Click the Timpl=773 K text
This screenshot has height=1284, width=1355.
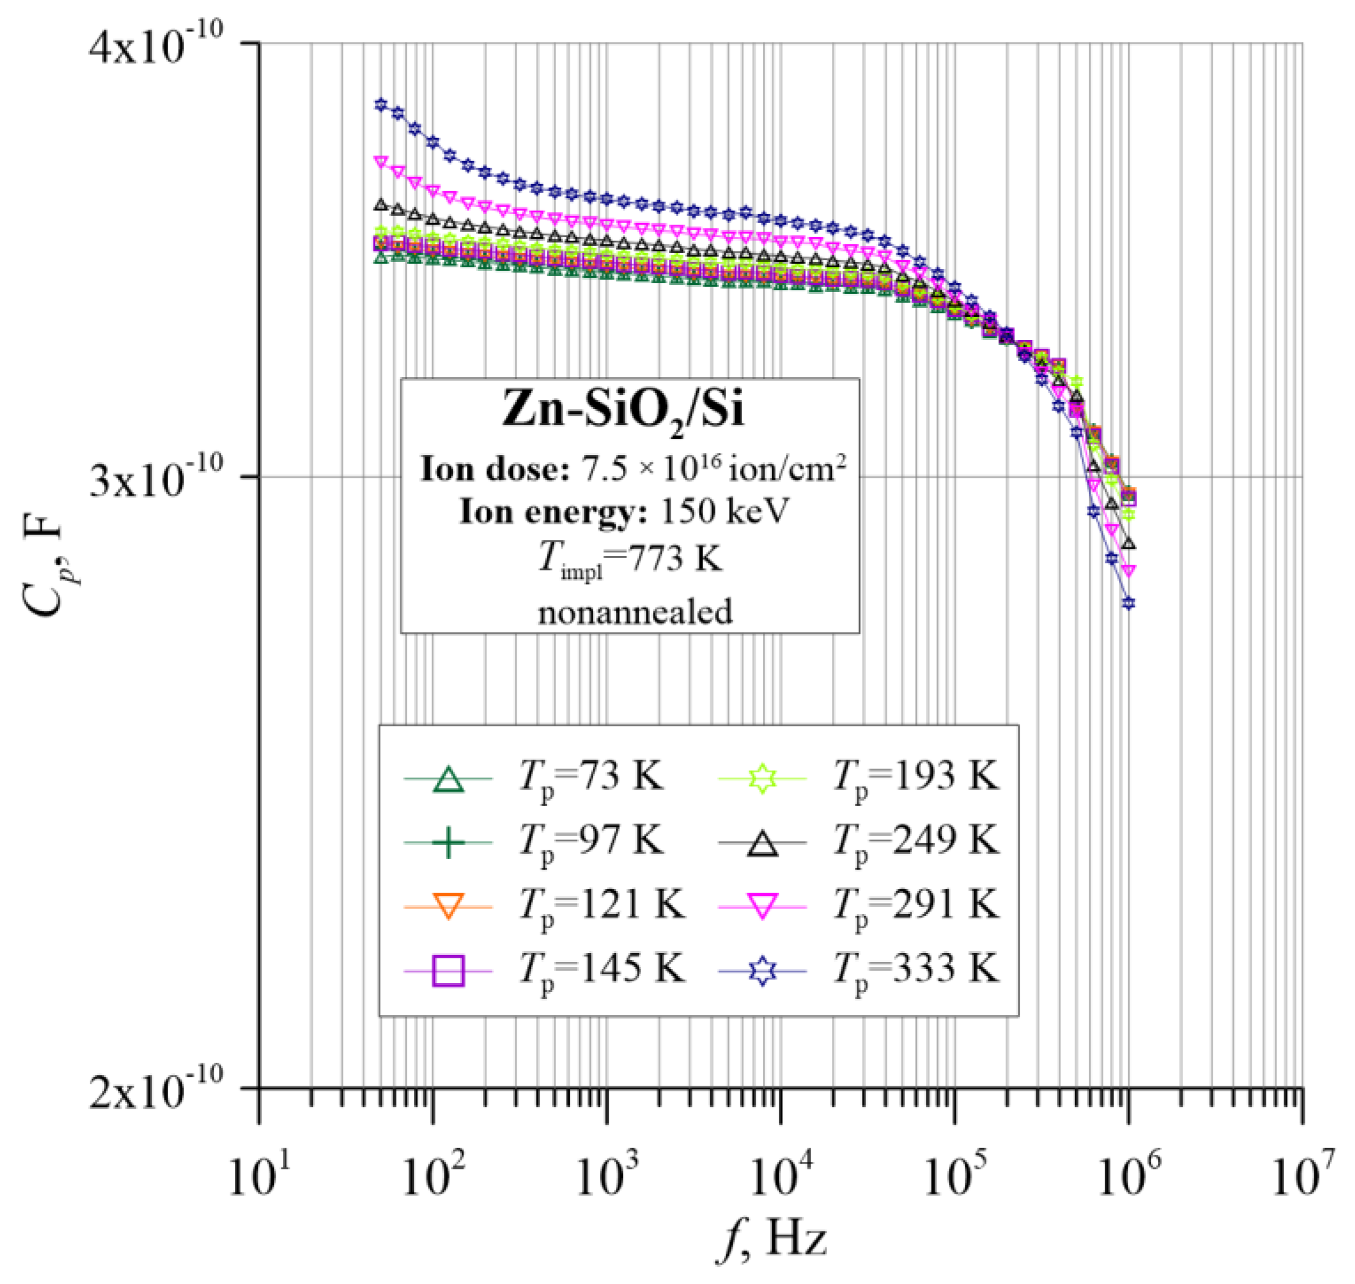pos(629,560)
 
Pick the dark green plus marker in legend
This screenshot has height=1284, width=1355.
pos(449,843)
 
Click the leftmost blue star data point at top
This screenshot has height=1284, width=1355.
pos(381,104)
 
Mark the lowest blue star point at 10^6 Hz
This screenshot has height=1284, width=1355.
pos(1128,603)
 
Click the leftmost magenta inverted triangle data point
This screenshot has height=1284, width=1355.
pos(381,162)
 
